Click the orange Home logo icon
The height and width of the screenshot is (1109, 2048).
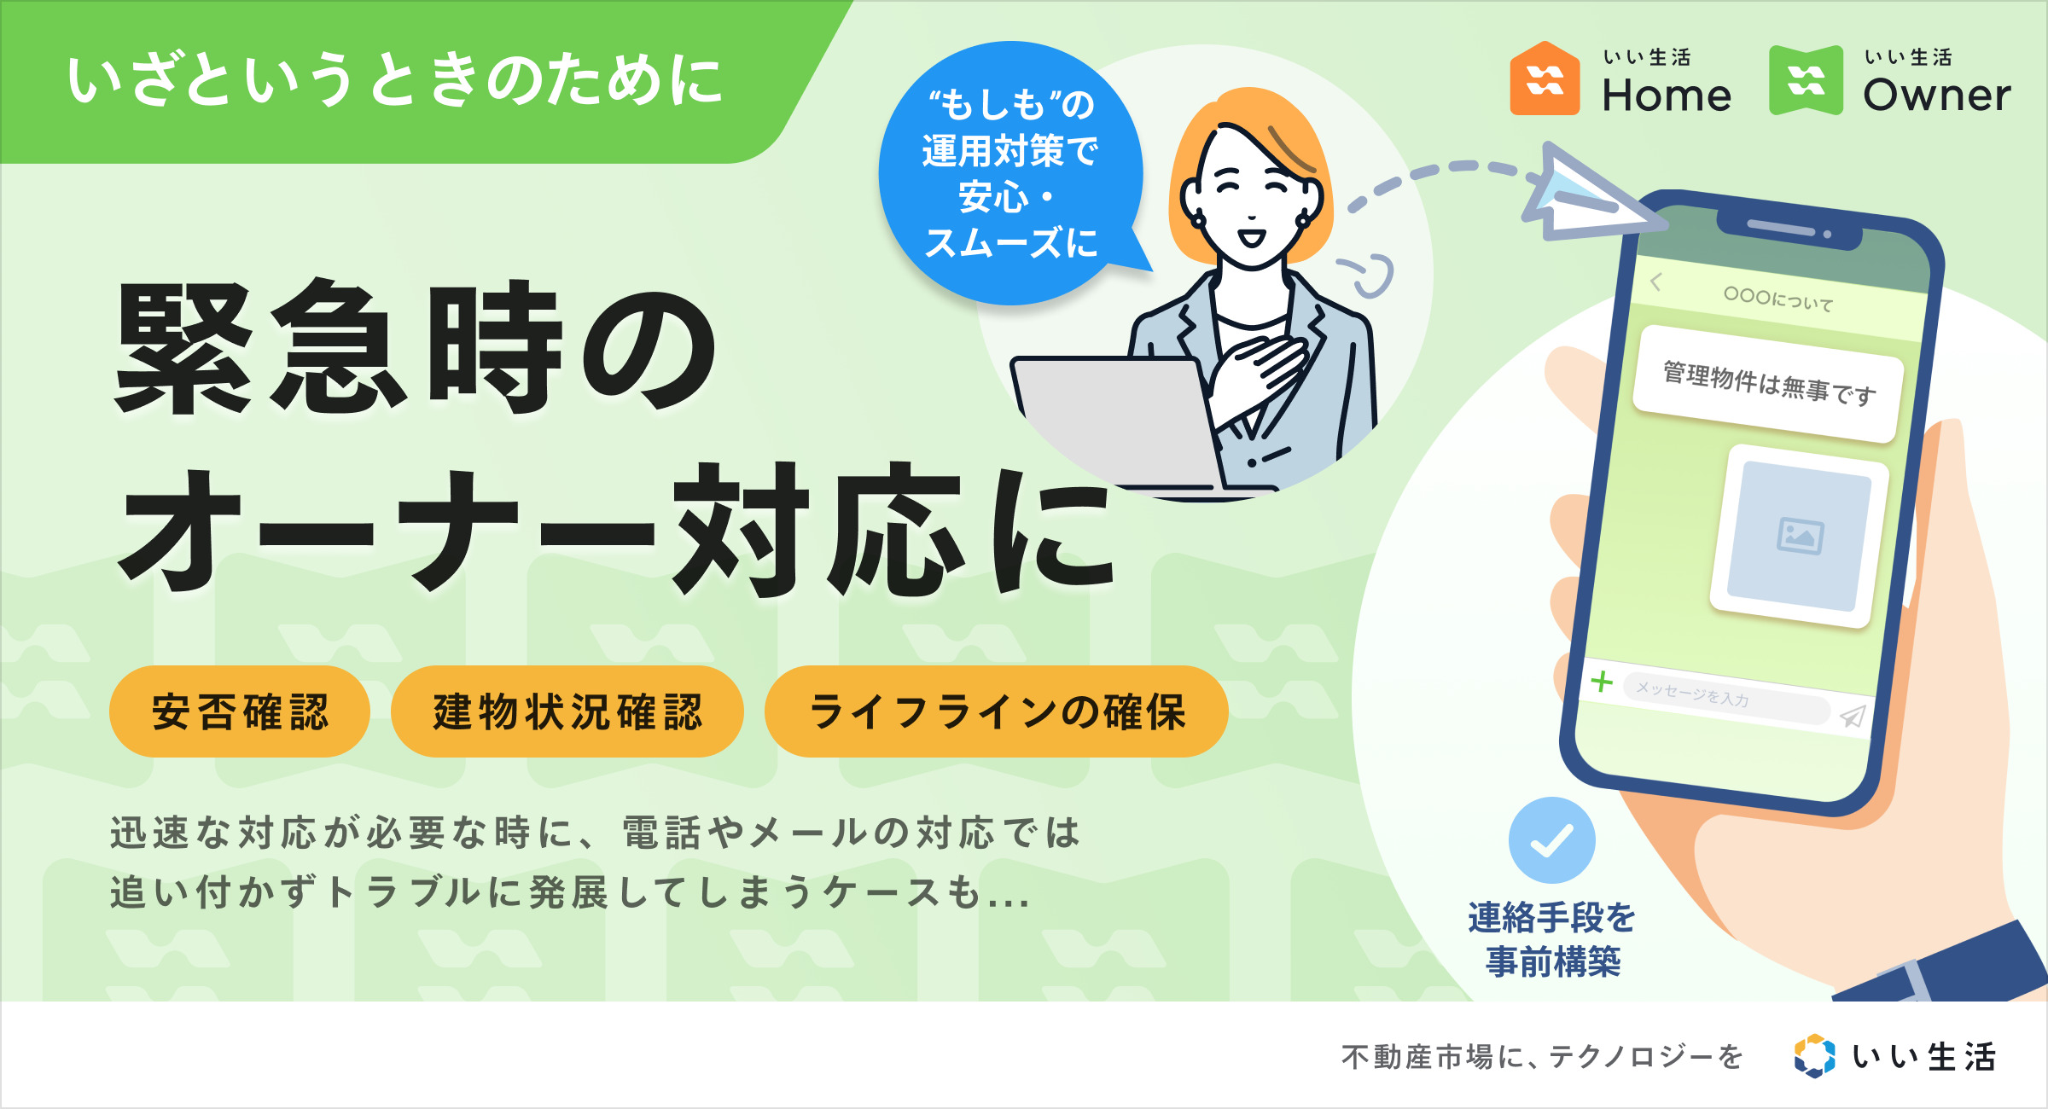pyautogui.click(x=1545, y=78)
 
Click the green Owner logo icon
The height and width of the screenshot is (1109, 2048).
pyautogui.click(x=1806, y=79)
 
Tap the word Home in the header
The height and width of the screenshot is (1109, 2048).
pyautogui.click(x=1667, y=95)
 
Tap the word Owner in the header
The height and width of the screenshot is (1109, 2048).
pyautogui.click(x=1937, y=95)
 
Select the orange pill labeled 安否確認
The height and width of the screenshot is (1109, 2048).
pyautogui.click(x=240, y=711)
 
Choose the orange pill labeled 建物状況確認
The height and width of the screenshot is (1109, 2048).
pyautogui.click(x=567, y=711)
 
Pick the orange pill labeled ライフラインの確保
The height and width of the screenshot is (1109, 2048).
pyautogui.click(x=997, y=711)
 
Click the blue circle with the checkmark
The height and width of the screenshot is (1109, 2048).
pyautogui.click(x=1551, y=840)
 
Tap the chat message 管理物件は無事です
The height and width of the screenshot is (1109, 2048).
pyautogui.click(x=1768, y=384)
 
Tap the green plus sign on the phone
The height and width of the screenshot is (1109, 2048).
pyautogui.click(x=1602, y=682)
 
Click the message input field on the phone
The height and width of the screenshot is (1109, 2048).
pyautogui.click(x=1725, y=699)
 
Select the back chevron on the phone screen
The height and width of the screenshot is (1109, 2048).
pyautogui.click(x=1656, y=282)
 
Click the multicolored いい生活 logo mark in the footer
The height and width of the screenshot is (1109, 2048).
pyautogui.click(x=1814, y=1056)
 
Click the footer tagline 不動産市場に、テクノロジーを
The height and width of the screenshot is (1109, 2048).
pyautogui.click(x=1541, y=1057)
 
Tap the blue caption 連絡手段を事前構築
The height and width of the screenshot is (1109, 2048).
pyautogui.click(x=1552, y=939)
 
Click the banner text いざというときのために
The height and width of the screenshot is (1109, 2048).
pyautogui.click(x=395, y=80)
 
